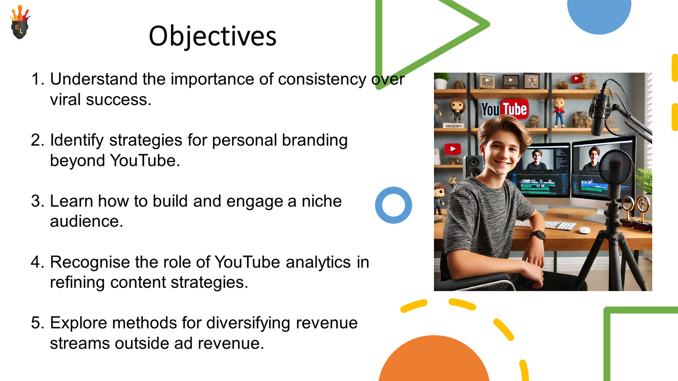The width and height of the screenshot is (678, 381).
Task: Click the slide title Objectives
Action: click(212, 36)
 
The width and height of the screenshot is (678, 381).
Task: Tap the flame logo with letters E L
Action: click(20, 22)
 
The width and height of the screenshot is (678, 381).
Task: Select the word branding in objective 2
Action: click(314, 141)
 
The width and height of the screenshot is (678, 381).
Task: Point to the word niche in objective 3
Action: click(322, 201)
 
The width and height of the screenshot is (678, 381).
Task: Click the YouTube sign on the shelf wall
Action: click(505, 109)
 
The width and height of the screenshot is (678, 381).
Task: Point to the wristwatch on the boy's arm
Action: click(538, 235)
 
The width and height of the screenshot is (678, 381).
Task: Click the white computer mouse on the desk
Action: click(585, 230)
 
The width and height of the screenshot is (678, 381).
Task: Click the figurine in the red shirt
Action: click(559, 112)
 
